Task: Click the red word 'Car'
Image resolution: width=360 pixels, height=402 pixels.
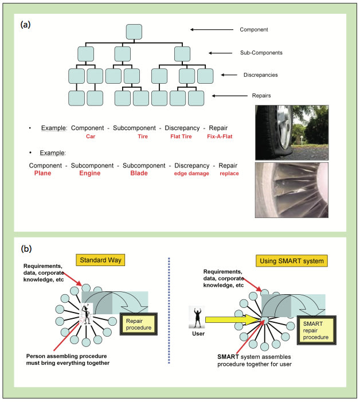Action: point(91,136)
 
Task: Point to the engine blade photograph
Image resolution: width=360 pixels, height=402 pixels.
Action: point(292,189)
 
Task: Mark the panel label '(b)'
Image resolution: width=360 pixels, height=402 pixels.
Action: point(26,248)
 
